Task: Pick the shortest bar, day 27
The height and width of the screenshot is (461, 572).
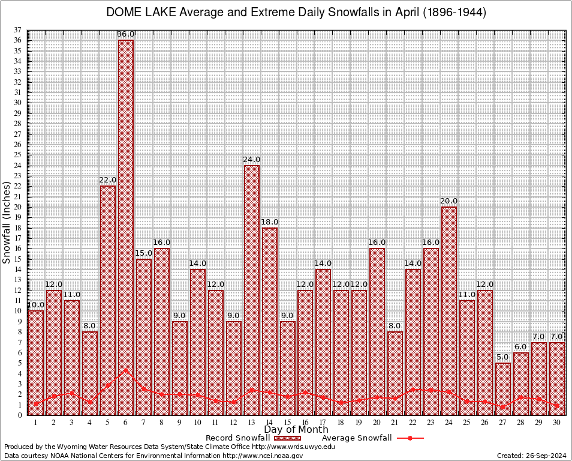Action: pyautogui.click(x=502, y=388)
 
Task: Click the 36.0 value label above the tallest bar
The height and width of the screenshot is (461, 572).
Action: pyautogui.click(x=125, y=34)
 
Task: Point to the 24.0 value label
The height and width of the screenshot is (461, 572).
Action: pyautogui.click(x=251, y=159)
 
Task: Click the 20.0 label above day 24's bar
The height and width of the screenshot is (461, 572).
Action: pyautogui.click(x=448, y=200)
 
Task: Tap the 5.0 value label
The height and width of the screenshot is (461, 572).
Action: pyautogui.click(x=502, y=357)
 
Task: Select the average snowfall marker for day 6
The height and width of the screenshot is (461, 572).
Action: pyautogui.click(x=125, y=370)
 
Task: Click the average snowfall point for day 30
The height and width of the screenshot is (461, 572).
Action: pyautogui.click(x=556, y=406)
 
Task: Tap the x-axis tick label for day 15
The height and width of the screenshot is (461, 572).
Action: pyautogui.click(x=287, y=422)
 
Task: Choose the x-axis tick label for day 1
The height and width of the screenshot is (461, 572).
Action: pyautogui.click(x=35, y=422)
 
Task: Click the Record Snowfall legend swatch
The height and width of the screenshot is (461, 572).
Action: pyautogui.click(x=283, y=438)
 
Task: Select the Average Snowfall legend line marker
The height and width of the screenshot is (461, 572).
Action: pyautogui.click(x=410, y=438)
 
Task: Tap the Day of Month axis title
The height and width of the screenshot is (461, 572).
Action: pyautogui.click(x=296, y=430)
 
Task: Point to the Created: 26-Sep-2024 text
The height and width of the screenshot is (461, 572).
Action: pyautogui.click(x=531, y=456)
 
